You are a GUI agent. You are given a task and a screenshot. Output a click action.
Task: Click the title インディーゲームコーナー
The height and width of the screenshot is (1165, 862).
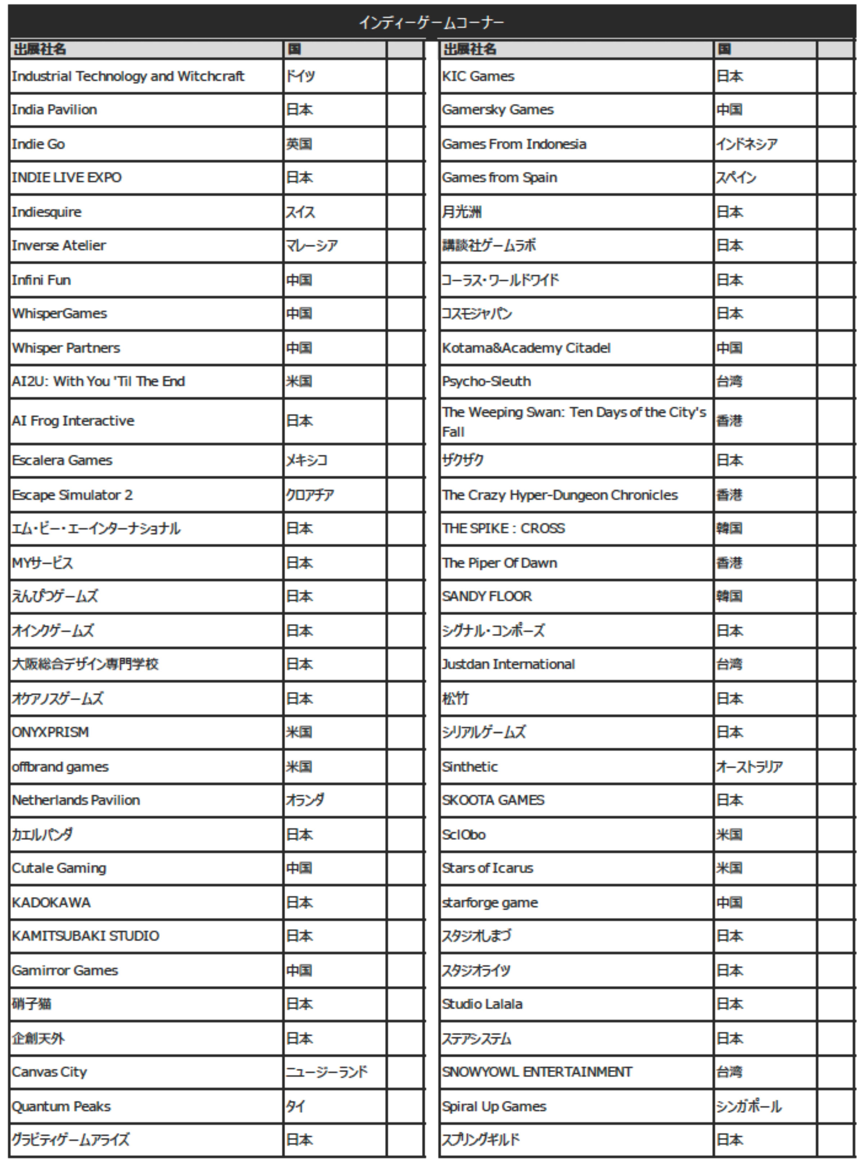point(431,22)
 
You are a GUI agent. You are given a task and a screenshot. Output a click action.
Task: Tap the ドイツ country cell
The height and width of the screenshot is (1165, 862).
point(301,76)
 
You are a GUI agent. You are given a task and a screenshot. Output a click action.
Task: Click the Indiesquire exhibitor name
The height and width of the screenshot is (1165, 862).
point(47,212)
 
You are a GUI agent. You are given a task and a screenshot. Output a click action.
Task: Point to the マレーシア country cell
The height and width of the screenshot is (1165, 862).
point(312,246)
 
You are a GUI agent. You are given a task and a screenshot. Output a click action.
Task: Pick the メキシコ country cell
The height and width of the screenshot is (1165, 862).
point(306,460)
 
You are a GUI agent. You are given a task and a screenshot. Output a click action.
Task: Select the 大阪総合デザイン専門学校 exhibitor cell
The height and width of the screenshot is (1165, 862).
point(85,664)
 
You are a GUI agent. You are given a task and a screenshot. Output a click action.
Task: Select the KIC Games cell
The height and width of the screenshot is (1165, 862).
point(478,76)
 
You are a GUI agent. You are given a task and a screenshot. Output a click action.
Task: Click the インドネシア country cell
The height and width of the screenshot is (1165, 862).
point(747,144)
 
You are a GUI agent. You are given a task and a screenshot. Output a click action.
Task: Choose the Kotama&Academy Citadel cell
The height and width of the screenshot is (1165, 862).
point(526,348)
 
